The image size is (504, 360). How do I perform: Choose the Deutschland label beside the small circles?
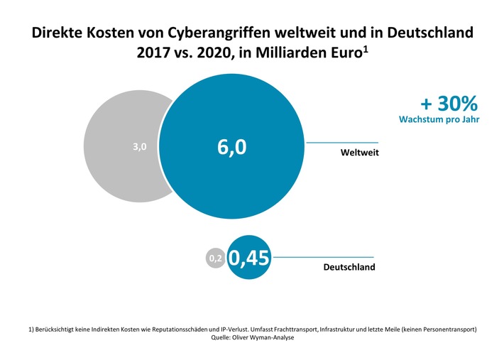(349, 268)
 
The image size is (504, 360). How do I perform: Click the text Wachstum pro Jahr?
(439, 119)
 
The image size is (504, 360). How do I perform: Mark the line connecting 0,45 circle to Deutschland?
(323, 256)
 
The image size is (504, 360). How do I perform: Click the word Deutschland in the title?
(429, 33)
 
